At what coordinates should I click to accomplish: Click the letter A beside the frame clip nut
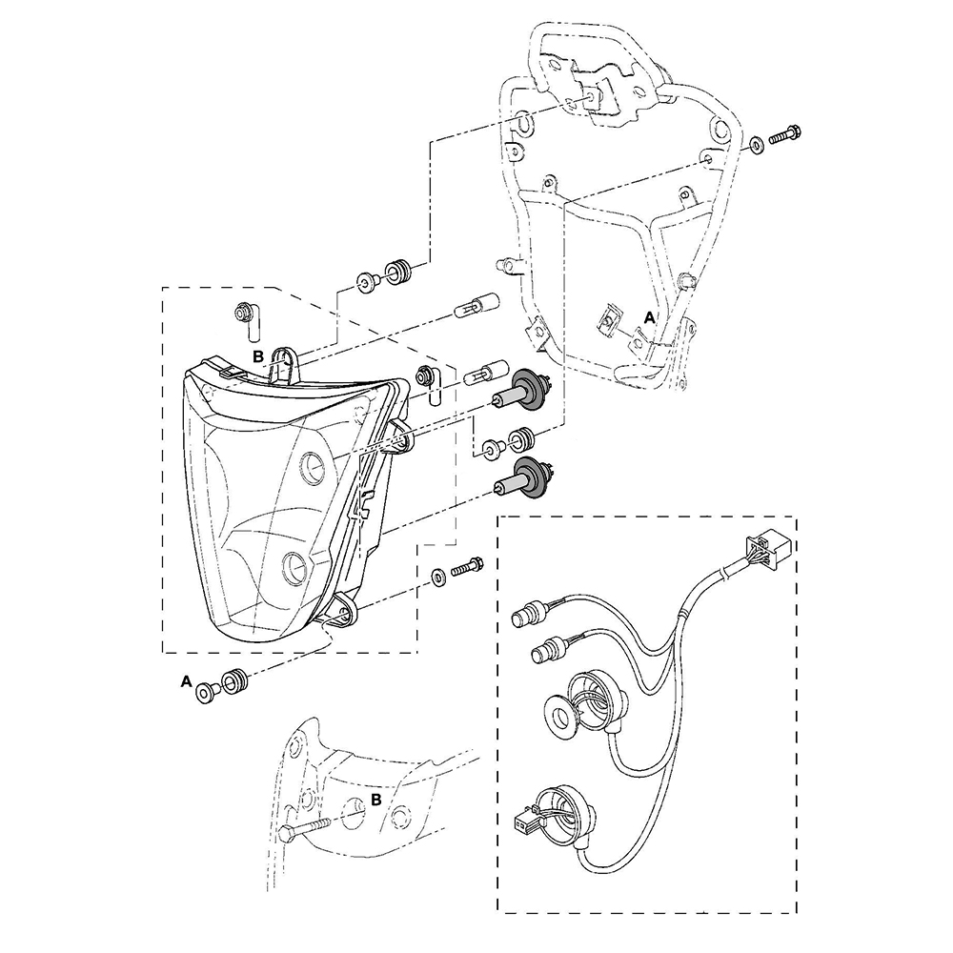[x=650, y=317]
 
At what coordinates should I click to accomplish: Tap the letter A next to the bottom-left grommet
[x=187, y=682]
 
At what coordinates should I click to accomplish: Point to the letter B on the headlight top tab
[x=258, y=356]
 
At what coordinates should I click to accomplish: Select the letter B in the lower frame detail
[x=376, y=800]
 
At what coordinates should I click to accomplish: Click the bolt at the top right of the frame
[x=784, y=134]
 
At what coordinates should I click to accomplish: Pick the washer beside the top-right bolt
[x=757, y=145]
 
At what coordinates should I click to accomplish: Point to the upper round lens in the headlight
[x=314, y=467]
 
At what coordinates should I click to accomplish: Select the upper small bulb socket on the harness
[x=529, y=610]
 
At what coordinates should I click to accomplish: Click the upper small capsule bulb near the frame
[x=477, y=306]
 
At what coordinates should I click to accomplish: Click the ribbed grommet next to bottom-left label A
[x=235, y=680]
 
